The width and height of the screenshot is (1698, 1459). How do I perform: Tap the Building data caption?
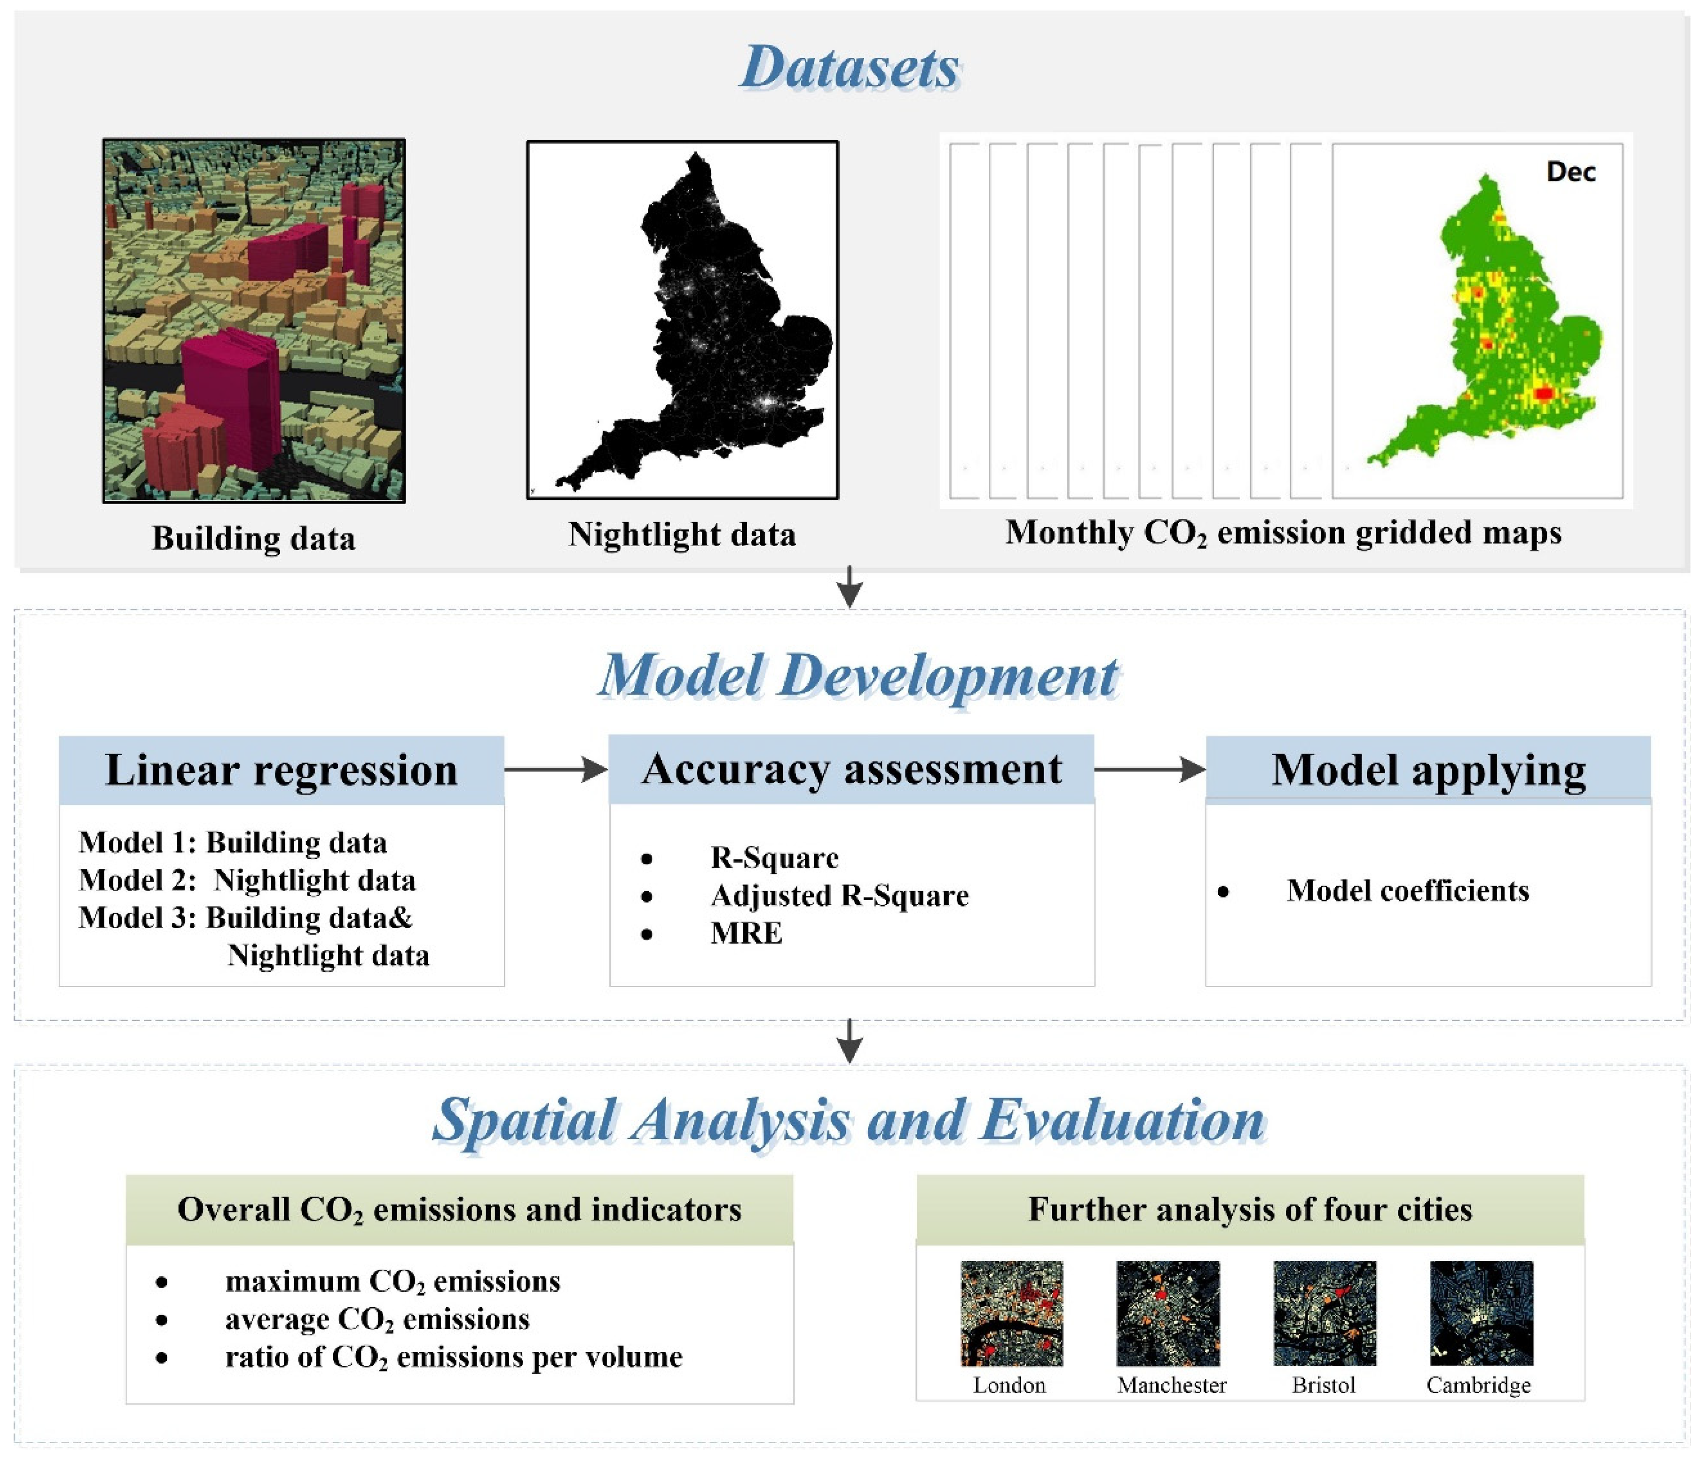point(254,538)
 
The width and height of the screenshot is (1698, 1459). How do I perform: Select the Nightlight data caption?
point(682,534)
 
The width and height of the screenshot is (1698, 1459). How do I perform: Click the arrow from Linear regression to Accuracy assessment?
point(555,769)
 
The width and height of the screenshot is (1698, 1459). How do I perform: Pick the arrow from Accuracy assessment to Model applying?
point(1150,769)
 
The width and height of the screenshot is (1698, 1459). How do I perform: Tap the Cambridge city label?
point(1479,1385)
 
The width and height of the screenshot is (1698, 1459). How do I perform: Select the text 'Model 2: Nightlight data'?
point(248,880)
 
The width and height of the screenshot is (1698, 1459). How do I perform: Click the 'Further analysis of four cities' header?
point(1250,1209)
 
